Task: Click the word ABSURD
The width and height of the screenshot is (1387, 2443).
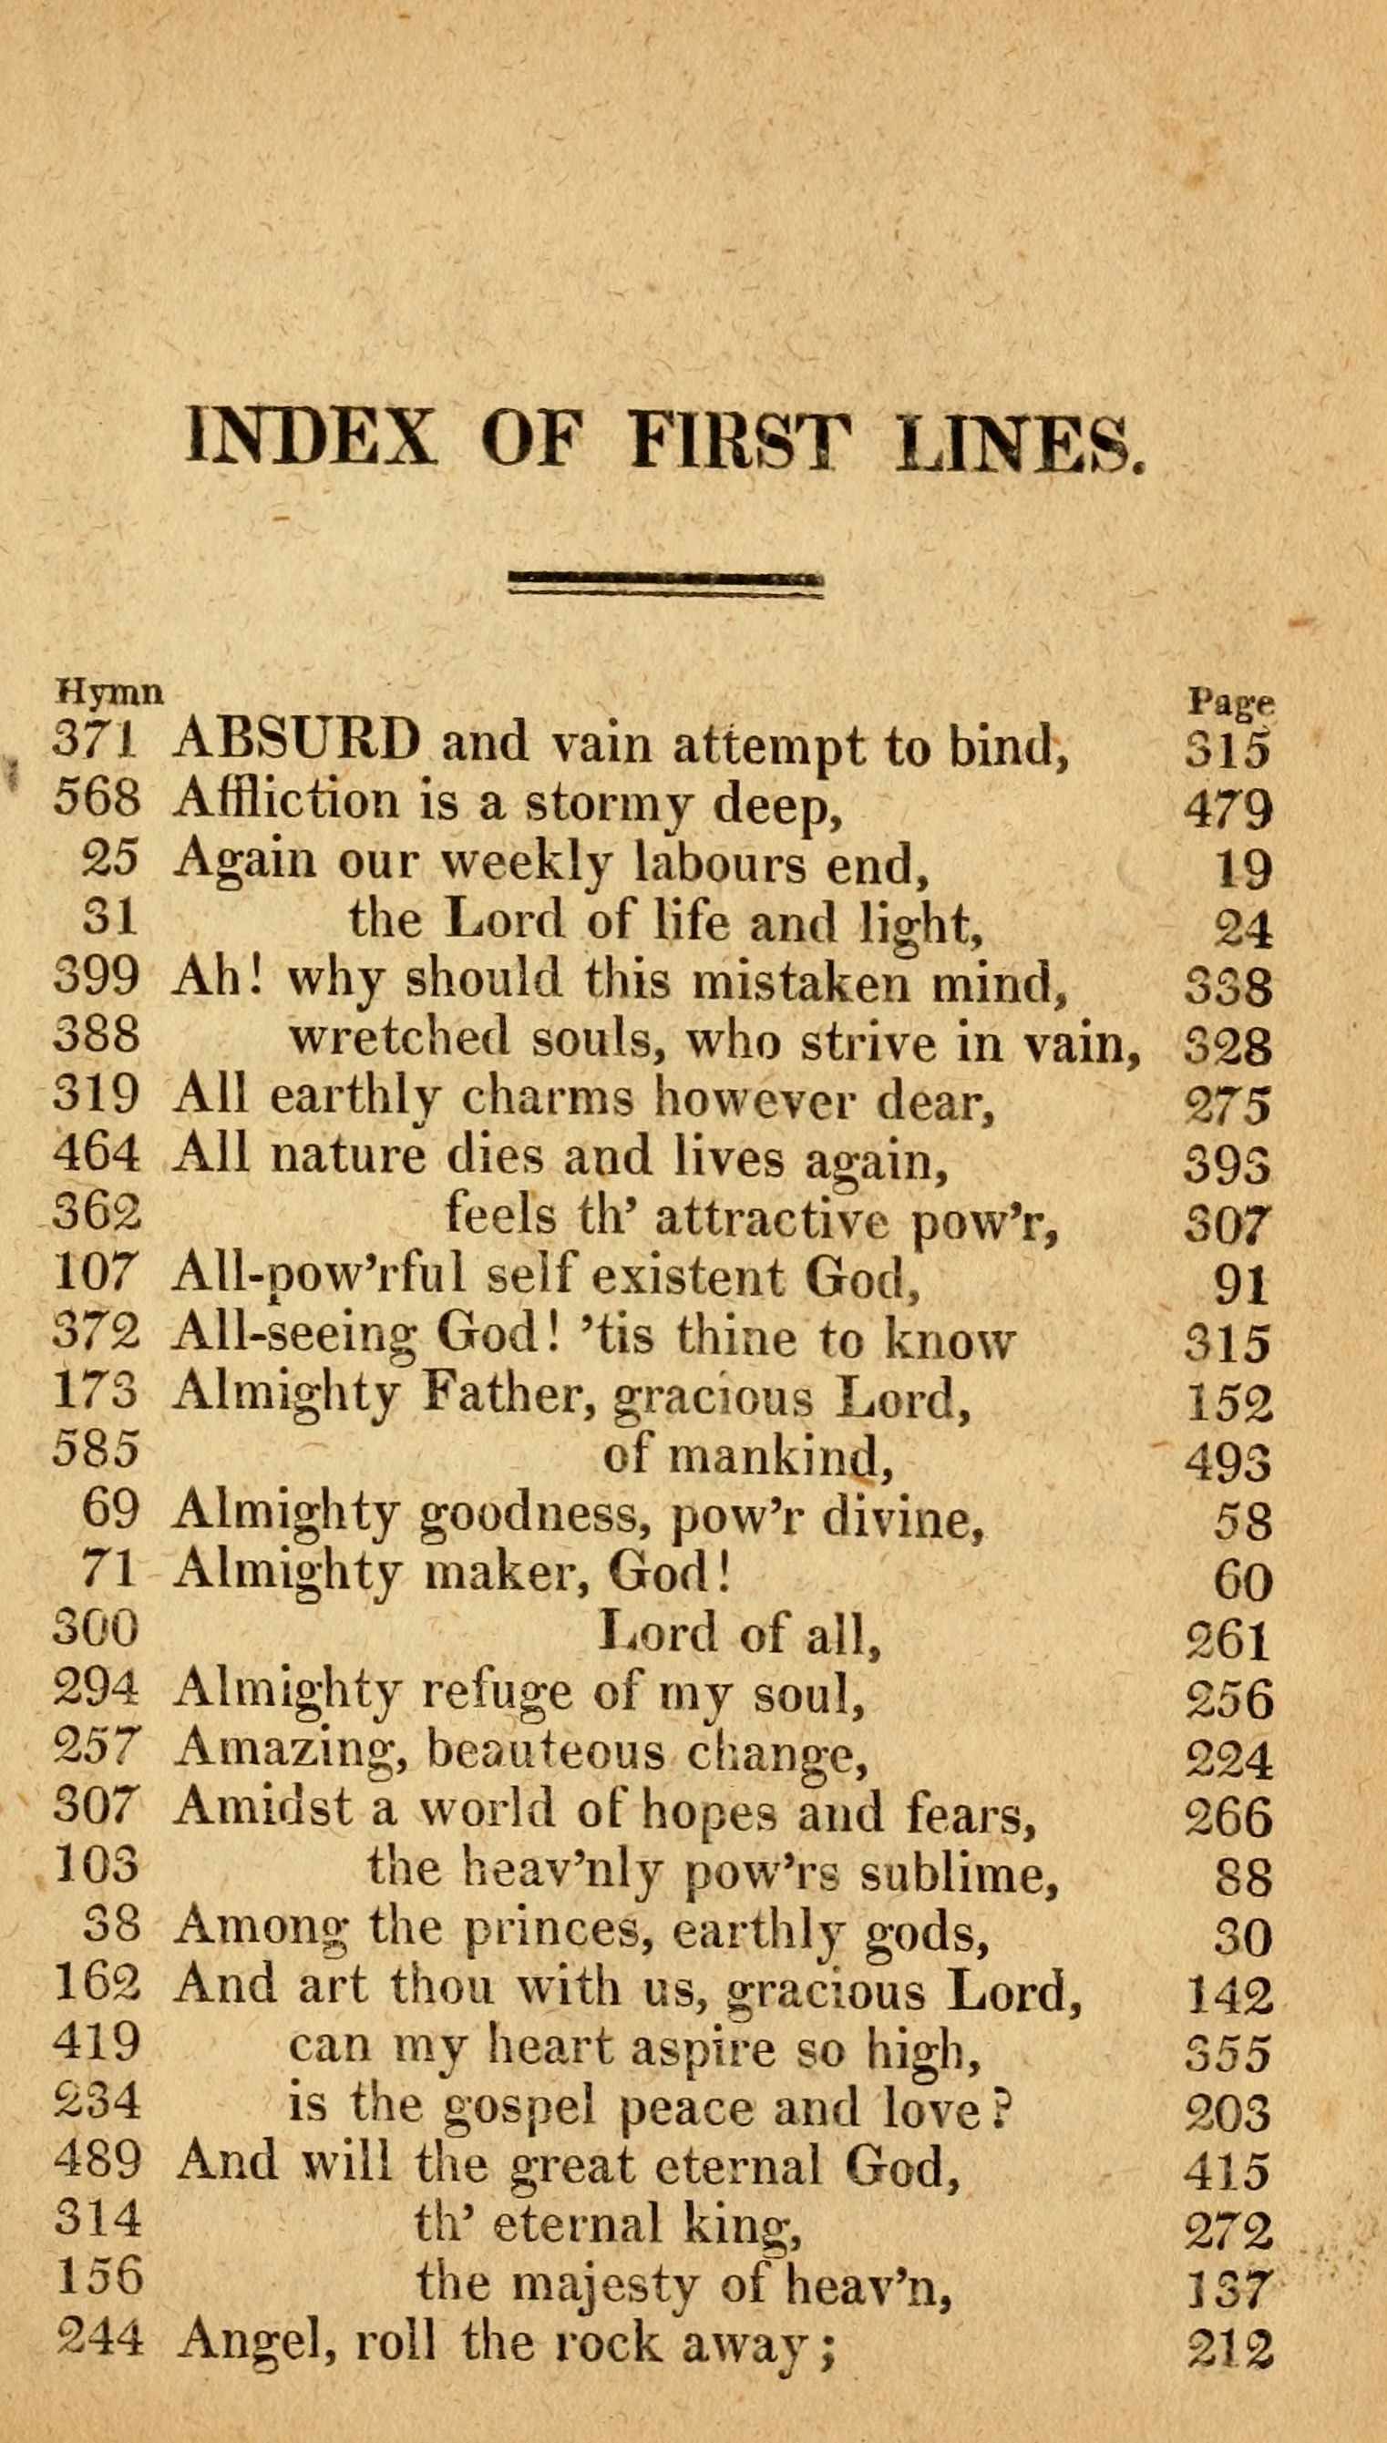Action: tap(297, 742)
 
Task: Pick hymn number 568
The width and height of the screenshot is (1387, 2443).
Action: tap(97, 798)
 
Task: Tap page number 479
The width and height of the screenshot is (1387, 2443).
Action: tap(1228, 808)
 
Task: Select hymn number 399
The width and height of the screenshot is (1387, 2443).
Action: tap(97, 975)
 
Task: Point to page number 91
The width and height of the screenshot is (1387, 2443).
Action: tap(1242, 1285)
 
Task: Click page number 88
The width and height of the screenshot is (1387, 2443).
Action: tap(1243, 1875)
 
